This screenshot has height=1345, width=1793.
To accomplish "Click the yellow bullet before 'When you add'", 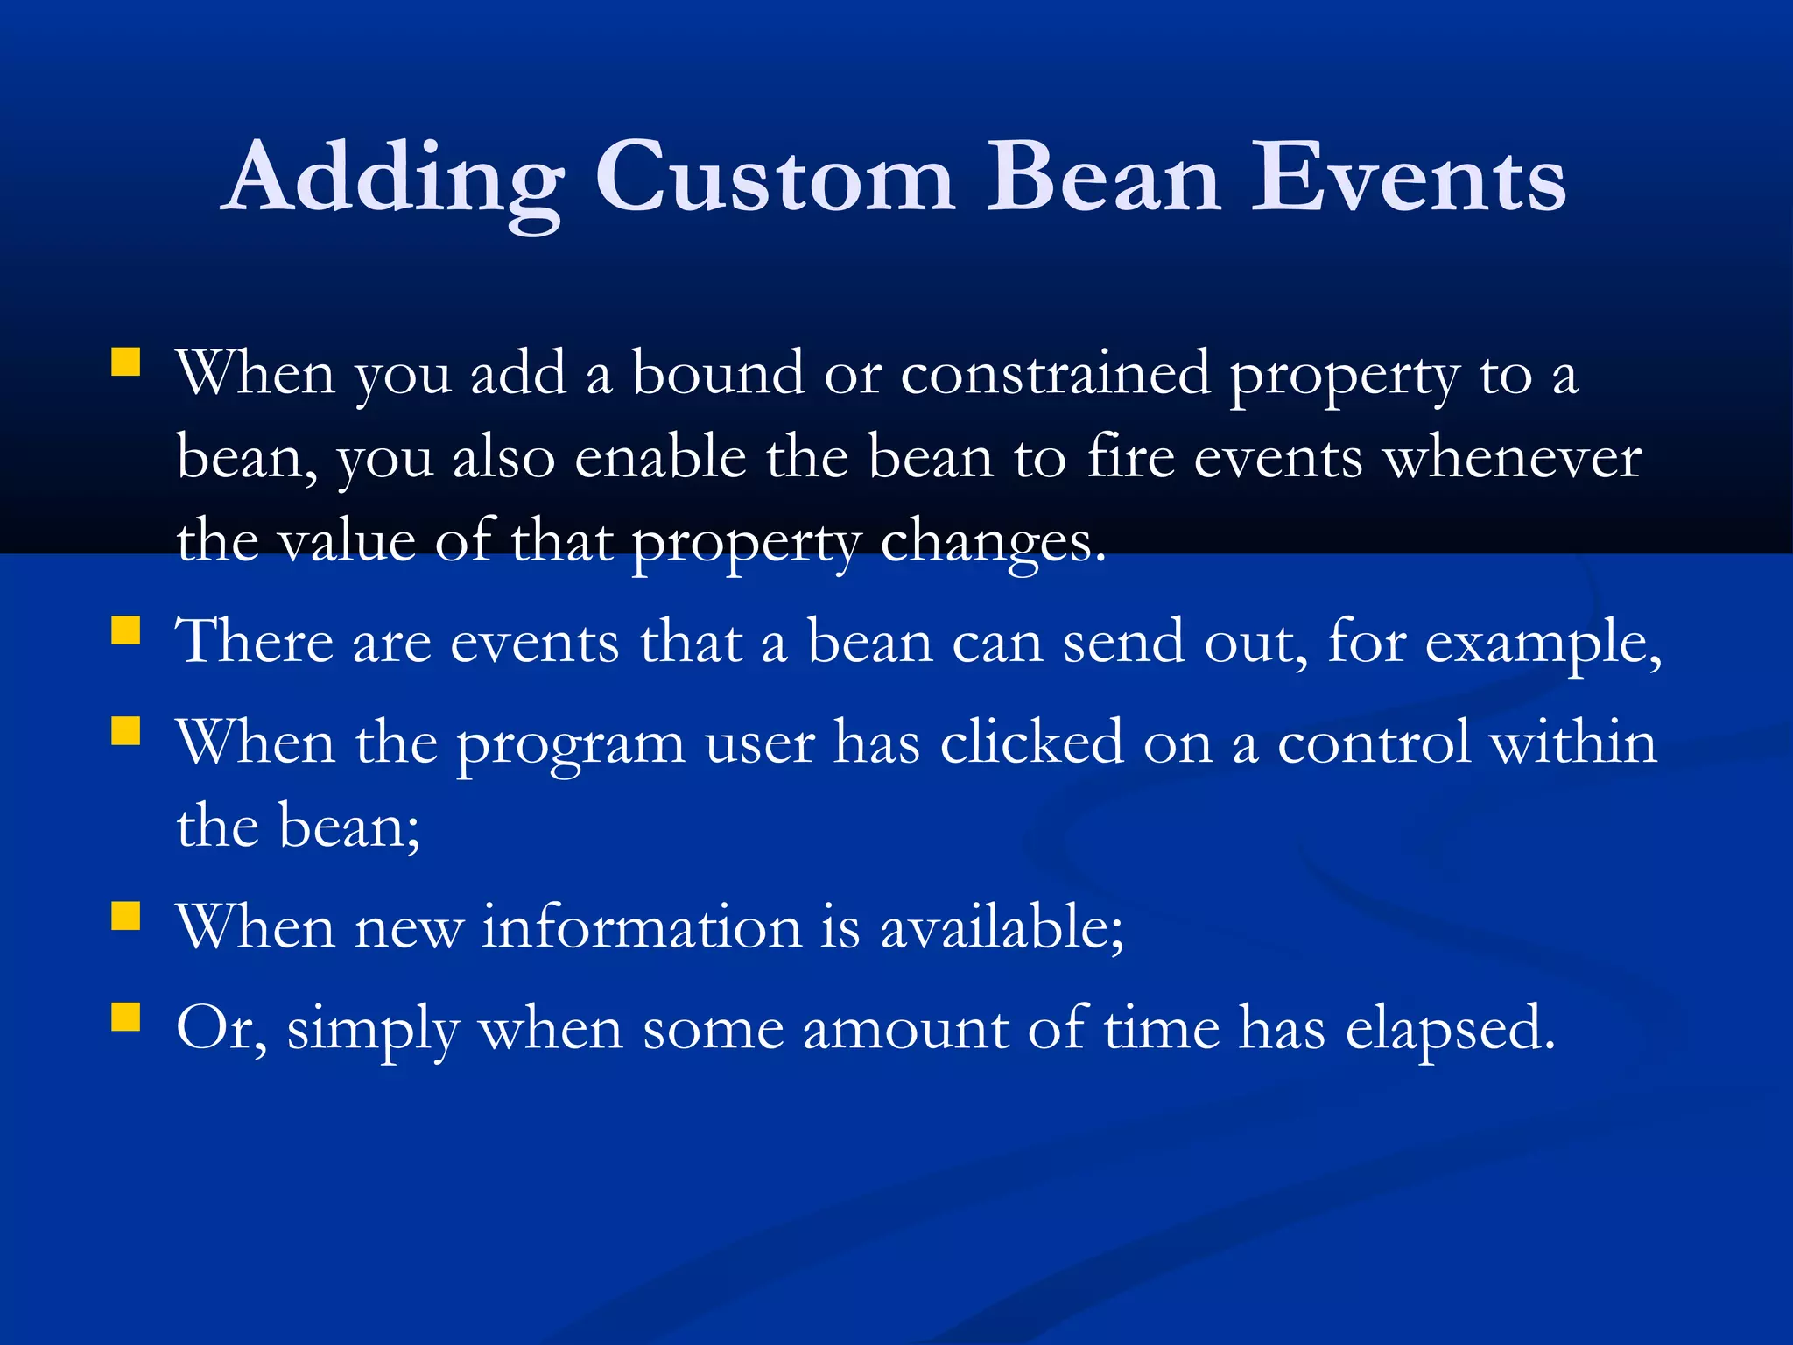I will (x=126, y=362).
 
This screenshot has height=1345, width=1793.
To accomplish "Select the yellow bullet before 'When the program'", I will (x=126, y=730).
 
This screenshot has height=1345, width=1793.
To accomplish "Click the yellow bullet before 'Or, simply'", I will (x=126, y=1017).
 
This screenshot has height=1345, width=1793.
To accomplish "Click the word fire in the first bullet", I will (x=1130, y=459).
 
